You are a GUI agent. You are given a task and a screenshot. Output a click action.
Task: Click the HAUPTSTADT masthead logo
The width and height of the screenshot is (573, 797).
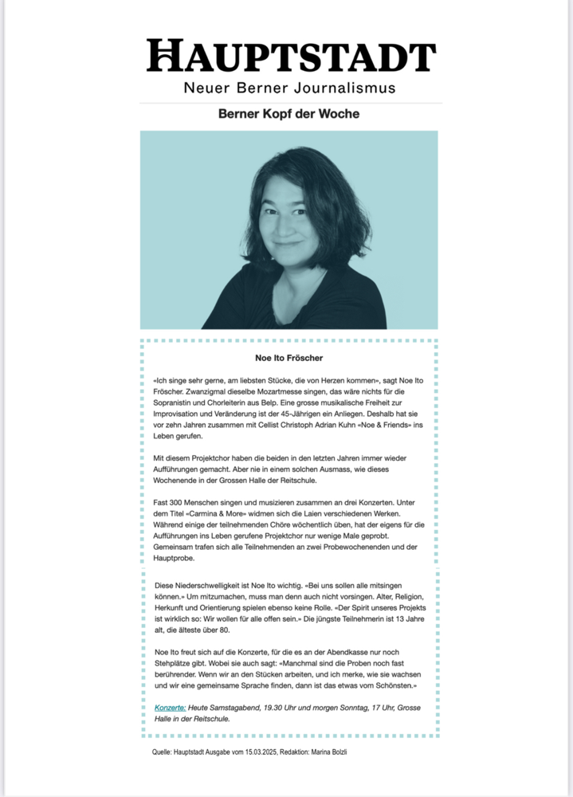pos(291,57)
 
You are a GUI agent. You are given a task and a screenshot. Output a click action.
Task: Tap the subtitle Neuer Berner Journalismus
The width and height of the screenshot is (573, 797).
pos(289,87)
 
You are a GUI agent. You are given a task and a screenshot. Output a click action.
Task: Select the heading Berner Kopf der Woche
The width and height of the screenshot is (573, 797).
pos(288,114)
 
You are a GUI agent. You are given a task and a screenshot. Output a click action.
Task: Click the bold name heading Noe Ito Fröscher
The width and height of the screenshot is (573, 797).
pos(288,359)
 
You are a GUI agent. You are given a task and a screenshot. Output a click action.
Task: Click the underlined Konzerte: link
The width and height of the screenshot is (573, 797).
pos(171,707)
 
